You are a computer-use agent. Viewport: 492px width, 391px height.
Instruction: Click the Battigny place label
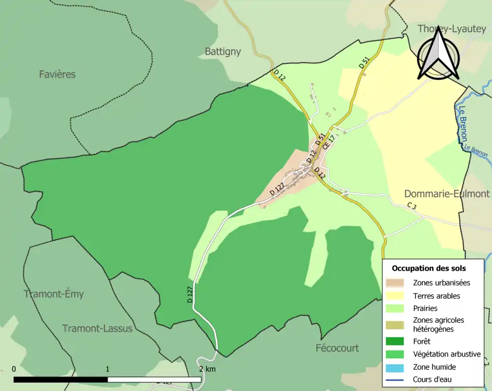222,52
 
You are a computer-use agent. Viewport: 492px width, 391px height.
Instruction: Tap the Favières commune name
57,74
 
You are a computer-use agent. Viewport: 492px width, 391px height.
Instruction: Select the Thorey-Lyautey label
451,29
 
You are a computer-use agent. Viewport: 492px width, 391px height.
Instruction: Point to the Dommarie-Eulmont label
446,194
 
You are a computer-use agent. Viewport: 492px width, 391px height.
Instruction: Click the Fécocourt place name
337,348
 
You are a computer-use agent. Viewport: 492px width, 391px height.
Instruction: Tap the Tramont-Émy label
54,294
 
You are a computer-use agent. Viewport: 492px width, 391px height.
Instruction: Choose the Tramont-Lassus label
97,328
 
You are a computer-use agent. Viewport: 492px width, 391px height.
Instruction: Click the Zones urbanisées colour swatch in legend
397,282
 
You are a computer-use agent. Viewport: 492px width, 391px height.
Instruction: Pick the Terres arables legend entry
436,296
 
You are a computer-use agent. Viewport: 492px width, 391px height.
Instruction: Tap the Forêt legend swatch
397,341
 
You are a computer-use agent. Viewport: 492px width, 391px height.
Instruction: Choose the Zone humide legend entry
434,367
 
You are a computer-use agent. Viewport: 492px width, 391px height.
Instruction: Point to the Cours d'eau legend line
397,380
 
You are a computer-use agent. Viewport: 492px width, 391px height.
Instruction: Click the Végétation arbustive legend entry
446,354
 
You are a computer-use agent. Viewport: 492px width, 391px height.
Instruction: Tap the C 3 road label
412,205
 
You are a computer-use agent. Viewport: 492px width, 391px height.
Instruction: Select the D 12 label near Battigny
279,75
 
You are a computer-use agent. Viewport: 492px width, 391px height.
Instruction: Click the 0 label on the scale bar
14,369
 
